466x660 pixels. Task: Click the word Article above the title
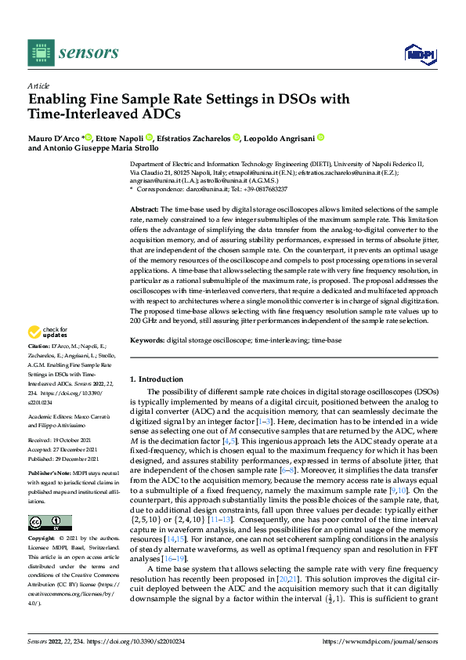[38, 85]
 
